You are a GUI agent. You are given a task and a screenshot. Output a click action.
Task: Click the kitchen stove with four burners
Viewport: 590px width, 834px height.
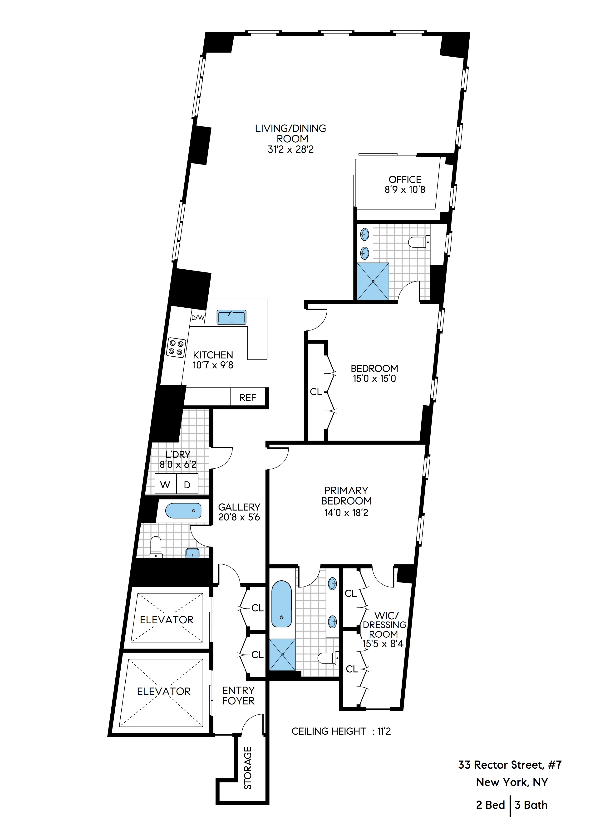176,347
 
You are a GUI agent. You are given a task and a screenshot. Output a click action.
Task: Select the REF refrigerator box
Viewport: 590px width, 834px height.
248,398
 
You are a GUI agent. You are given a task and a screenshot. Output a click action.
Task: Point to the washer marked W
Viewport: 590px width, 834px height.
165,485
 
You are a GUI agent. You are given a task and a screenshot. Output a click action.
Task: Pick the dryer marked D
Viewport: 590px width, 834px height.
187,485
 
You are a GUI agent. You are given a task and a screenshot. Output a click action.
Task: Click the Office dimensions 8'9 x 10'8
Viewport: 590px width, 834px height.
405,190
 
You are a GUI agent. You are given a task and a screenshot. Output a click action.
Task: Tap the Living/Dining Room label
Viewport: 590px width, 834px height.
290,133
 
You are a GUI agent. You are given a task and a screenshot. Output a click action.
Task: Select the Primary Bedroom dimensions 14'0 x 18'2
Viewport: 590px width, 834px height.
346,513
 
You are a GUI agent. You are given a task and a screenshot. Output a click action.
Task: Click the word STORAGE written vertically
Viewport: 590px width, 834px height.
248,767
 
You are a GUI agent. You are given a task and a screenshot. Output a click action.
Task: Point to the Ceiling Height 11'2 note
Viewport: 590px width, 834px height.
341,731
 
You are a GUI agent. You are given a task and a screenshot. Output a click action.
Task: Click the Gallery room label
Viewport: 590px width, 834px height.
239,507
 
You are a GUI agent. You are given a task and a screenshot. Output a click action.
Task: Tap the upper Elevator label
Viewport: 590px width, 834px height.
167,620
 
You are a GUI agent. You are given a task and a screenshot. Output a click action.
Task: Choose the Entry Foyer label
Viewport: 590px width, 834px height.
238,696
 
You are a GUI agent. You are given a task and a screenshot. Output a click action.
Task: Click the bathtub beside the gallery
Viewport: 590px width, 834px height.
183,511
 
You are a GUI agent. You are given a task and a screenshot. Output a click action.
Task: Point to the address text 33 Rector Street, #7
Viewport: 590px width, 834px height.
510,765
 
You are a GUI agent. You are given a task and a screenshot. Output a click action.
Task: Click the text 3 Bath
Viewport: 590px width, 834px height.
531,805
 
